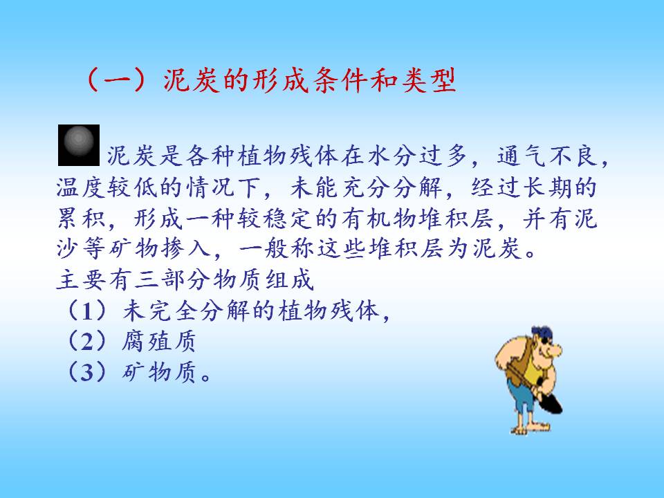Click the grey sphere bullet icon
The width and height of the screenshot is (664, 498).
pos(79,145)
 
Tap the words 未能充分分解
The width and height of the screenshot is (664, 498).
pos(367,187)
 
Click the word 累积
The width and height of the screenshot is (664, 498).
pos(82,219)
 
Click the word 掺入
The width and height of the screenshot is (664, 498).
pos(186,248)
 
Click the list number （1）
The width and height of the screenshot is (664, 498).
pos(87,311)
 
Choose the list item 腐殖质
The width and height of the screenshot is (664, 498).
pos(159,341)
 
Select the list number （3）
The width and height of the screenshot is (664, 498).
pos(87,372)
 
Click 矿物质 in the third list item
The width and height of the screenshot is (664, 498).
pos(159,372)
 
